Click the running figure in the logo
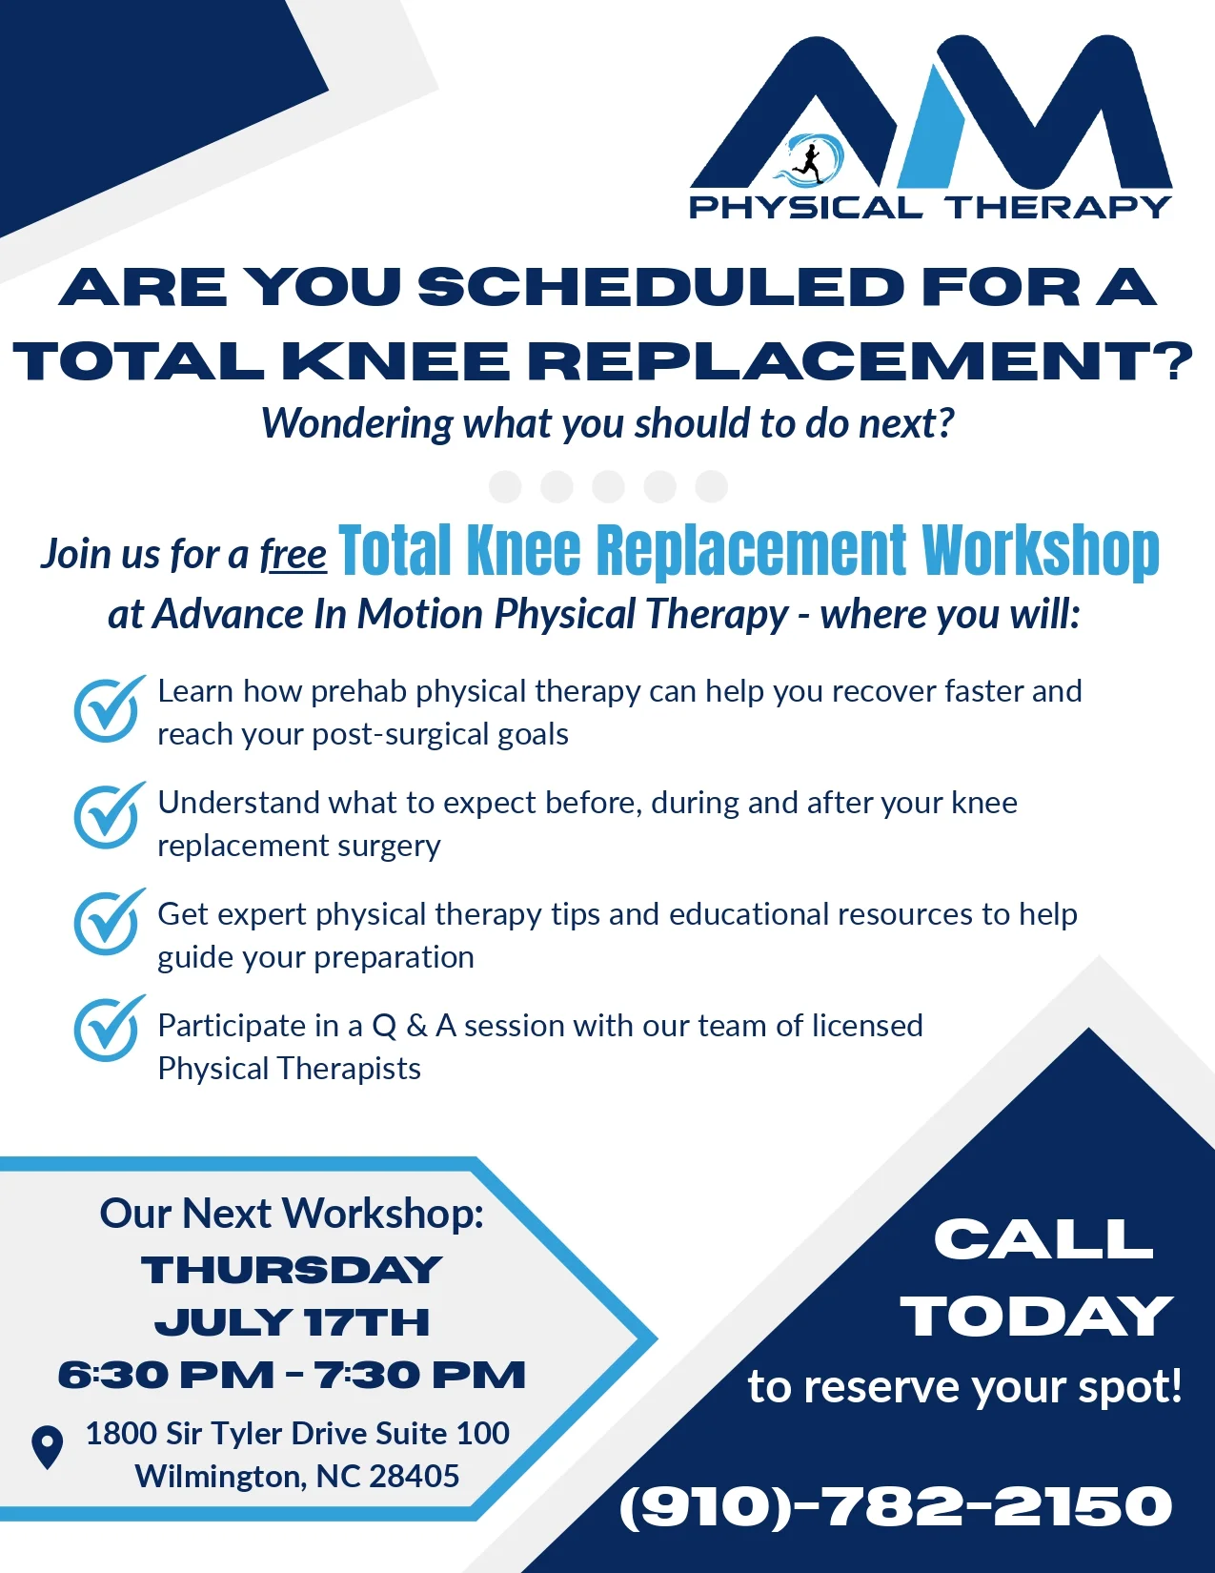(811, 162)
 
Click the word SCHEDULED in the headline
(660, 287)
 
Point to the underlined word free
(294, 555)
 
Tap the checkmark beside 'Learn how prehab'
(109, 708)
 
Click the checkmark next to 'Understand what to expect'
(109, 815)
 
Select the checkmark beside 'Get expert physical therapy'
(109, 922)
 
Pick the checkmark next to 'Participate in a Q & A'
(109, 1028)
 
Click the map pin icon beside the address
(47, 1447)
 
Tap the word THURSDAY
(292, 1271)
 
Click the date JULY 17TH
(293, 1322)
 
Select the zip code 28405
(414, 1477)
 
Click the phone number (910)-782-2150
(896, 1506)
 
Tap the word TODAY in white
(1036, 1316)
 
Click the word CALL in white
(1043, 1238)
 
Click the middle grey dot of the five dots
(608, 486)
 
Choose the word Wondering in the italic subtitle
(357, 423)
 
